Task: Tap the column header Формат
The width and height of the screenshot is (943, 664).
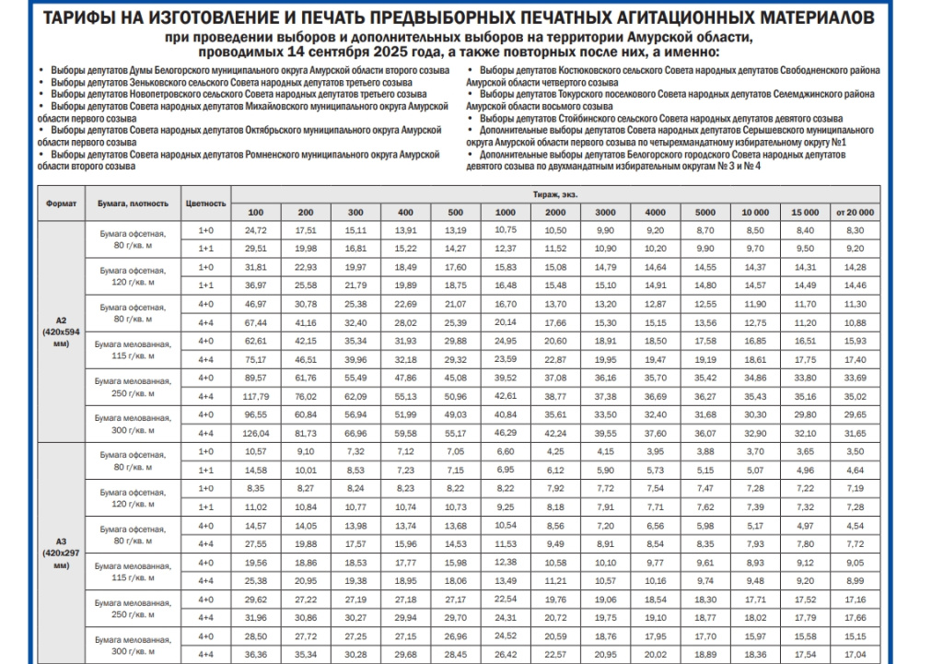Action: pyautogui.click(x=62, y=203)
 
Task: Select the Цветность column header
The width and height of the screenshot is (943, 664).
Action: pyautogui.click(x=205, y=203)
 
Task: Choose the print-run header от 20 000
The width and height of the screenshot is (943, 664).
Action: pyautogui.click(x=855, y=212)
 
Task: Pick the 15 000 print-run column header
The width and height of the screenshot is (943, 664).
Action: pyautogui.click(x=805, y=212)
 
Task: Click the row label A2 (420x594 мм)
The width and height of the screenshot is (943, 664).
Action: pyautogui.click(x=62, y=331)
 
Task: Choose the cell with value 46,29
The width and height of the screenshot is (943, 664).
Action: pyautogui.click(x=505, y=433)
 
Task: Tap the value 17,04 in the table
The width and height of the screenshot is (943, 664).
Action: pyautogui.click(x=855, y=655)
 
